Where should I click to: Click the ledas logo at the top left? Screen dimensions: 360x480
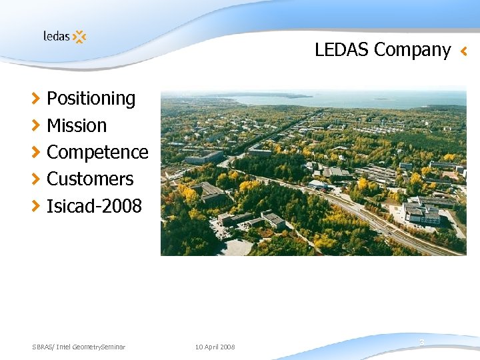tap(64, 37)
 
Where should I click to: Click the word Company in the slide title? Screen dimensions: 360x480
tap(413, 50)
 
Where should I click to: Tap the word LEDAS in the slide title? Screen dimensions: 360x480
tap(343, 50)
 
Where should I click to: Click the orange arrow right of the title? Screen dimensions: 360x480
tap(464, 51)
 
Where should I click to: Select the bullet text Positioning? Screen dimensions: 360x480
tap(91, 99)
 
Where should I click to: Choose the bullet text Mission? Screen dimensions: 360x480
tap(77, 125)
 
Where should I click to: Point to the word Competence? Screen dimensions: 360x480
tap(97, 152)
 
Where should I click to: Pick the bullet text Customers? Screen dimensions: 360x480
tap(90, 179)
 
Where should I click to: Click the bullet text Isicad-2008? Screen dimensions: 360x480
tap(94, 206)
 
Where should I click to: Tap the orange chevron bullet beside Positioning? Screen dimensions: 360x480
tap(36, 99)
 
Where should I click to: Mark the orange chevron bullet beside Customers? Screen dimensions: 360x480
tap(36, 179)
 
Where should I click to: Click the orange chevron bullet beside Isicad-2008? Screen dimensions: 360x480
tap(36, 206)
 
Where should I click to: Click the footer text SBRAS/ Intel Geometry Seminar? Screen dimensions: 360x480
tap(79, 347)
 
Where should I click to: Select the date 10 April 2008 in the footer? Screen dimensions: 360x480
tap(215, 347)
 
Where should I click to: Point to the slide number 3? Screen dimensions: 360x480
tap(422, 343)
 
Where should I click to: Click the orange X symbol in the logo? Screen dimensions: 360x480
tap(79, 37)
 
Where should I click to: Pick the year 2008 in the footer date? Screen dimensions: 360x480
tap(227, 347)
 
